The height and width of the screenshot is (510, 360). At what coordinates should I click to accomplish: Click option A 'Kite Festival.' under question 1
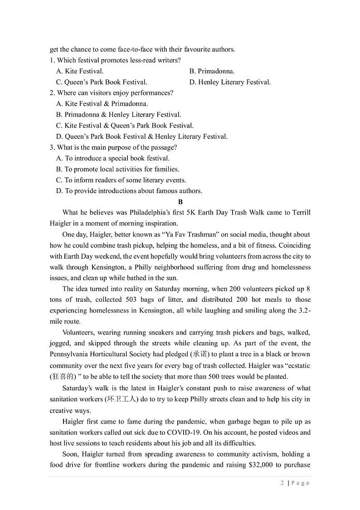[x=80, y=71]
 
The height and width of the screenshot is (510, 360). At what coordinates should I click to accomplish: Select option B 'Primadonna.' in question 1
[x=212, y=71]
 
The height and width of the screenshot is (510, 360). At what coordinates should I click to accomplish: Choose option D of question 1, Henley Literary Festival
[x=230, y=82]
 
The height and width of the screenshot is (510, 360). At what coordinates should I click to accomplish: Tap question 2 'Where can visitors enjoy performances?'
[x=112, y=93]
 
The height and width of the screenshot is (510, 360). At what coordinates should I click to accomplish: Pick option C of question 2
[x=125, y=126]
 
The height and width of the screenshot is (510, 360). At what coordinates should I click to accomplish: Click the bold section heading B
[x=180, y=202]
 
